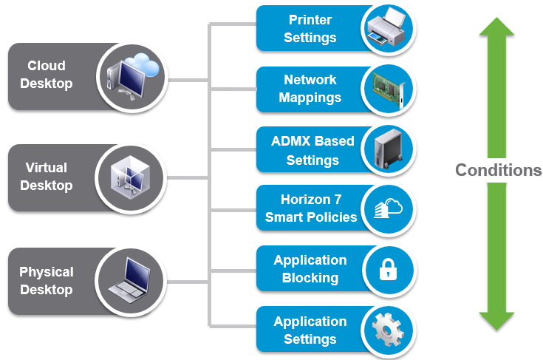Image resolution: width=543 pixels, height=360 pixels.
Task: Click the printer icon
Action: (386, 27)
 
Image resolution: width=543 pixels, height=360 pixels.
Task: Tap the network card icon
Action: (389, 89)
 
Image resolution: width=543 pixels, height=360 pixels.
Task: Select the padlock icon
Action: (388, 269)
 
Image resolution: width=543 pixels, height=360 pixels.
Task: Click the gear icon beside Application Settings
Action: (388, 330)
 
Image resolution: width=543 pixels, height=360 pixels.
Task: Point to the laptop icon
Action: (129, 280)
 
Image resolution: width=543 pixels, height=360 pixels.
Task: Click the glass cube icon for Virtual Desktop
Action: (130, 177)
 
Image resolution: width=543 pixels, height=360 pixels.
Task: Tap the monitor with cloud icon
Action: (133, 77)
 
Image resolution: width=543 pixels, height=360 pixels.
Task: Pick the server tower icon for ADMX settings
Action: (388, 149)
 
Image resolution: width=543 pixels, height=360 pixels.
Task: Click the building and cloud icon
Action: (388, 208)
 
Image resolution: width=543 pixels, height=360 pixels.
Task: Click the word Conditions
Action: (499, 170)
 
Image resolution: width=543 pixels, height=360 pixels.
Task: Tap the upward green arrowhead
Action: (496, 27)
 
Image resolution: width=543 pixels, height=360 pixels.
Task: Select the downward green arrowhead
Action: (496, 322)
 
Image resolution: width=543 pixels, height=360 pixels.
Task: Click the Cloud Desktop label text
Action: (47, 75)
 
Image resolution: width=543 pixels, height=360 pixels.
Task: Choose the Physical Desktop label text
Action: (47, 281)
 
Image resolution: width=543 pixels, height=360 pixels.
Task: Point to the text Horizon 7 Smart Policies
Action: (311, 208)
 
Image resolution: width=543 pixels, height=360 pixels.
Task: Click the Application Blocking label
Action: (310, 269)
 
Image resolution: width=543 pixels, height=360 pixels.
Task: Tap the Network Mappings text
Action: (310, 89)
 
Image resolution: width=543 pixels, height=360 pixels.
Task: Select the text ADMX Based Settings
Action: (313, 151)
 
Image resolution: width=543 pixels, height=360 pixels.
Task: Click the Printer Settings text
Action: (310, 29)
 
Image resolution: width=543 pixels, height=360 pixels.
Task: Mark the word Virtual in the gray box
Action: (47, 168)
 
